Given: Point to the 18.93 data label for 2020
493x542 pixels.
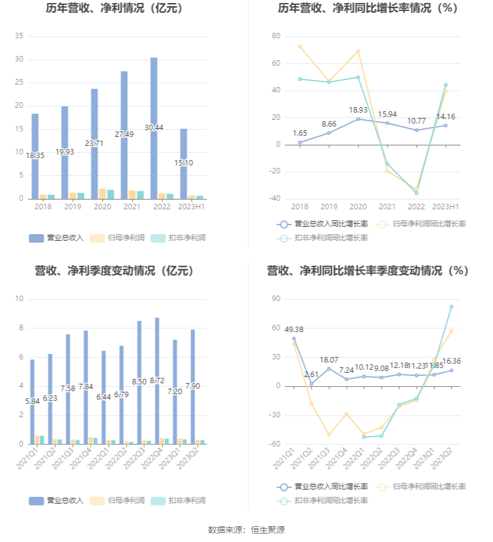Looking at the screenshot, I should coord(358,110).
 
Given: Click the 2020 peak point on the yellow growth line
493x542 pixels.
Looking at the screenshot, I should coord(358,51).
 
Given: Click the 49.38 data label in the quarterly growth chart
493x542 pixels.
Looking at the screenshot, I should coord(294,329).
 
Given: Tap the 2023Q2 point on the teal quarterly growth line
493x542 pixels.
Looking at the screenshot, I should coord(452,307).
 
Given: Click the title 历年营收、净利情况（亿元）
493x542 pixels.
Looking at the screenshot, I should coord(114,9).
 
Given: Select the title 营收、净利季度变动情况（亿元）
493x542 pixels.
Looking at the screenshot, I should coord(114,271).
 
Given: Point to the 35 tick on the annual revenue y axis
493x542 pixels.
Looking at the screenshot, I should coord(19,36).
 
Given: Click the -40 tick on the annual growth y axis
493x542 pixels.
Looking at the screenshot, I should coord(275,198).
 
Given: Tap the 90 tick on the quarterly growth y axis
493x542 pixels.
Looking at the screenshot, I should coord(276,299).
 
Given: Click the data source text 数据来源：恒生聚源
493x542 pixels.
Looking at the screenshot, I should coord(246,530).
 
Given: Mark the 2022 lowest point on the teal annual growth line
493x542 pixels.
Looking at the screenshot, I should coord(416,193).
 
